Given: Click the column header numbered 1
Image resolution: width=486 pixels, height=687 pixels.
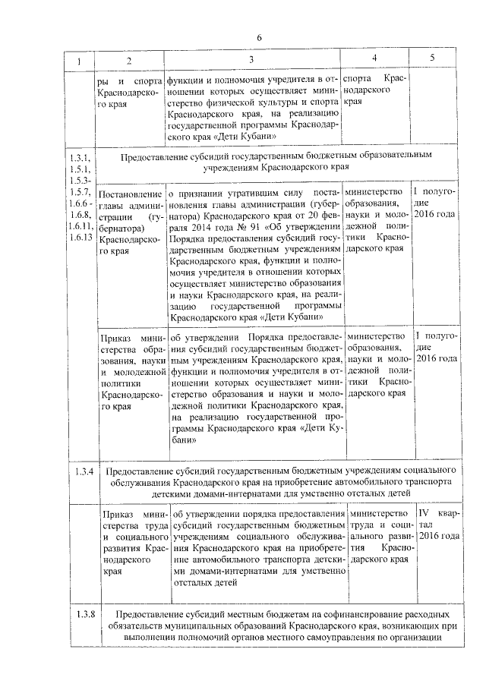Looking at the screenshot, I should point(80,61).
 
